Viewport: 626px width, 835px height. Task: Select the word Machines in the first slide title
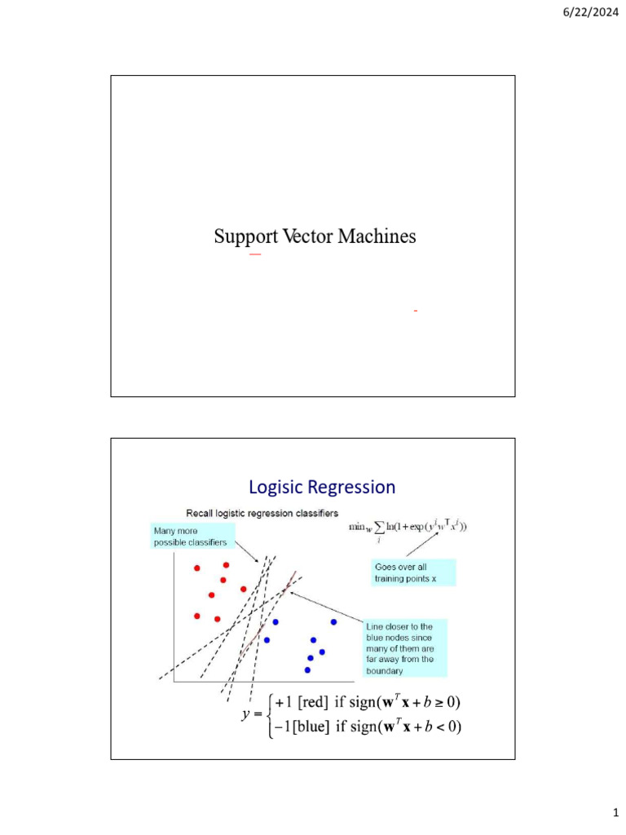click(376, 237)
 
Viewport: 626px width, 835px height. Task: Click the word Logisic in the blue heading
click(276, 488)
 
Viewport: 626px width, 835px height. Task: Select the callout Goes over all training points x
click(412, 572)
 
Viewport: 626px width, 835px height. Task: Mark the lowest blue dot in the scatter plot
click(307, 670)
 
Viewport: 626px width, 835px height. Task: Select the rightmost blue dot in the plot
click(333, 622)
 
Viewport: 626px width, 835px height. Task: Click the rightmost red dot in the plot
click(244, 588)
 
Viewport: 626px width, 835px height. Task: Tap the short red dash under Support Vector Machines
click(255, 255)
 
